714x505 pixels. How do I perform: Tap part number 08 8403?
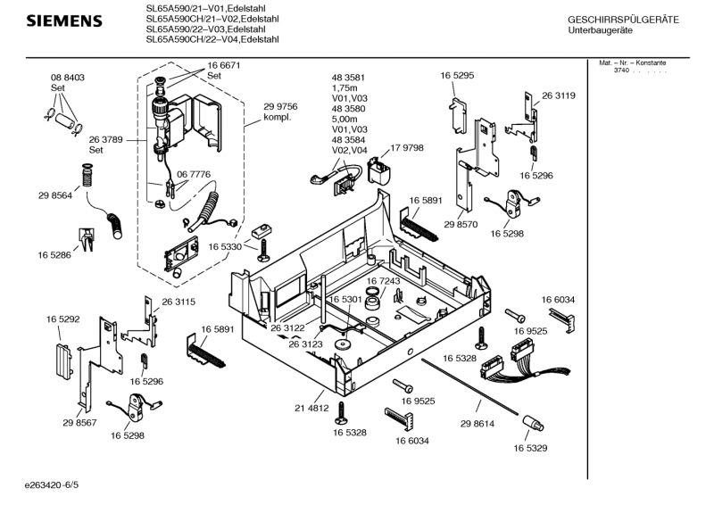pyautogui.click(x=67, y=79)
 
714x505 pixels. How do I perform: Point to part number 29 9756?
pyautogui.click(x=280, y=106)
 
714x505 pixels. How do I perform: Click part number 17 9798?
pyautogui.click(x=406, y=148)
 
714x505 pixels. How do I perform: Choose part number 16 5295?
pyautogui.click(x=456, y=77)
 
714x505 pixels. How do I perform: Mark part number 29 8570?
pyautogui.click(x=474, y=226)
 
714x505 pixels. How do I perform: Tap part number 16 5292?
pyautogui.click(x=63, y=318)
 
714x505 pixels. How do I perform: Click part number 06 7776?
pyautogui.click(x=193, y=174)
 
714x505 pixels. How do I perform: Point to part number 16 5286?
pyautogui.click(x=54, y=255)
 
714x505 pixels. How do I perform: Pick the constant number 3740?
pyautogui.click(x=621, y=70)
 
